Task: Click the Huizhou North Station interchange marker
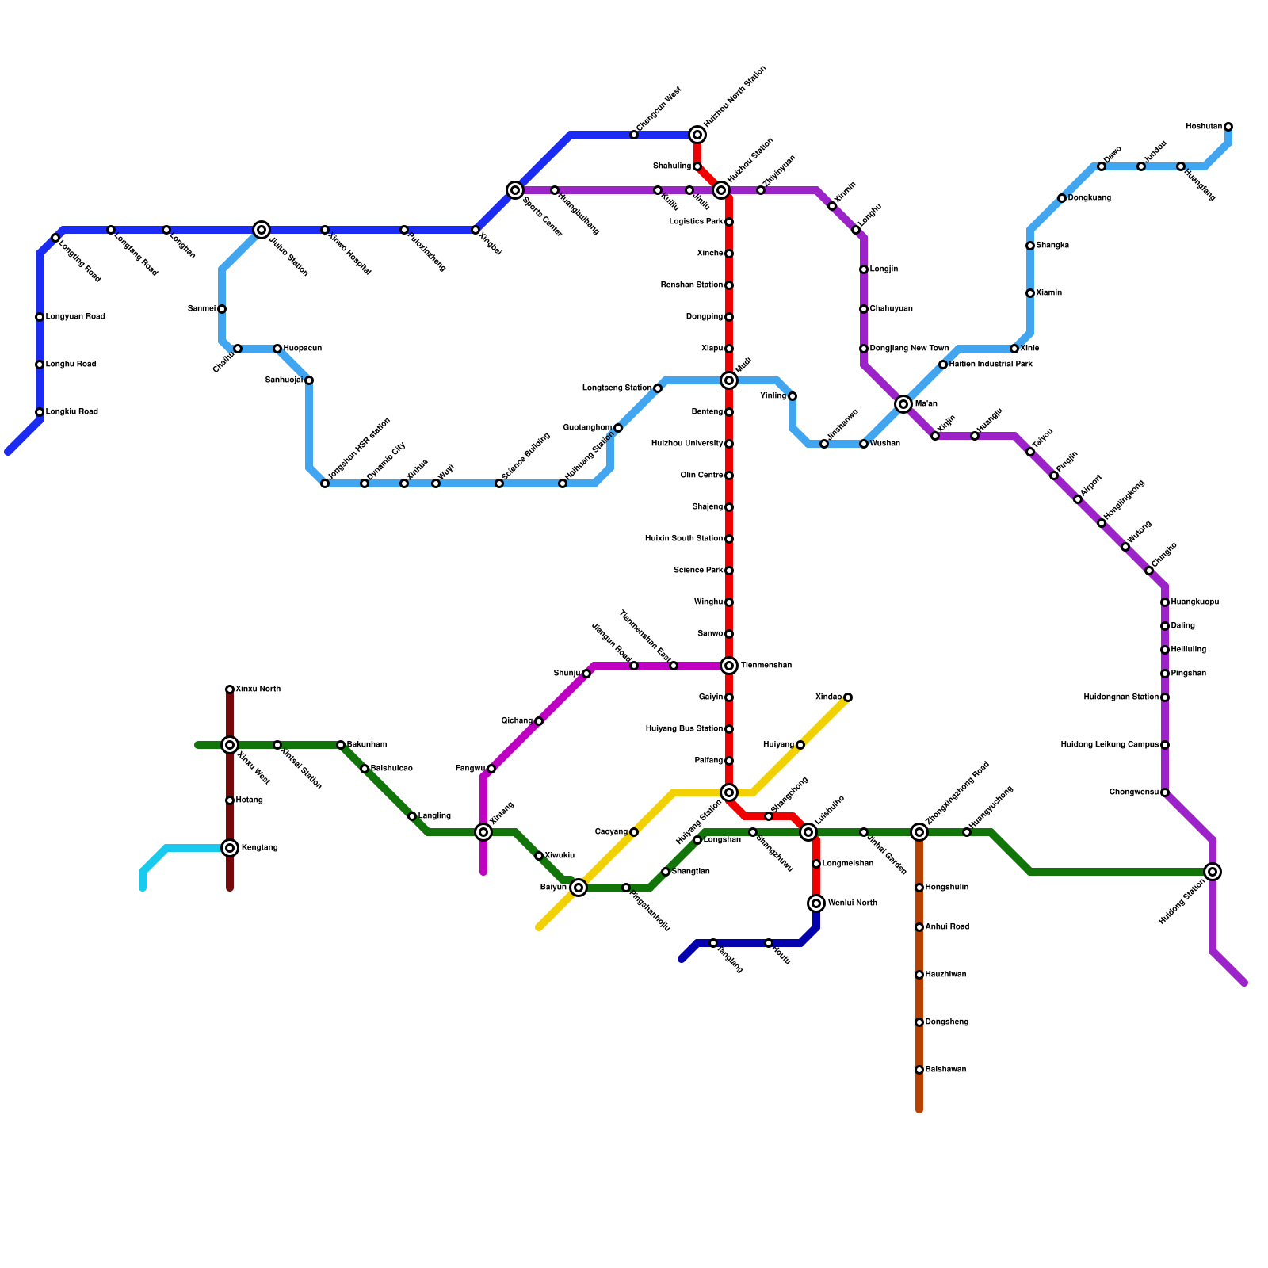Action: pyautogui.click(x=697, y=135)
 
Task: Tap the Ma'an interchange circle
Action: pyautogui.click(x=903, y=404)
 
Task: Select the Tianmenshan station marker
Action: pyautogui.click(x=729, y=666)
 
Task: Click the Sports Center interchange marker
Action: pyautogui.click(x=515, y=190)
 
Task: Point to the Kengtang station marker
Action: pyautogui.click(x=230, y=848)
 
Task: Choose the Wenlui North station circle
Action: pyautogui.click(x=816, y=903)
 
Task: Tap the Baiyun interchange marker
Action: pyautogui.click(x=579, y=888)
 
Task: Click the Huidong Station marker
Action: pyautogui.click(x=1213, y=872)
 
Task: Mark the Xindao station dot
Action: pyautogui.click(x=848, y=697)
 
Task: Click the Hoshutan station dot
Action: pyautogui.click(x=1228, y=127)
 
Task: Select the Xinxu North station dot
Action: pyautogui.click(x=230, y=689)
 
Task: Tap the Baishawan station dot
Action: pyautogui.click(x=919, y=1070)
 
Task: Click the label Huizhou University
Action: pyautogui.click(x=686, y=444)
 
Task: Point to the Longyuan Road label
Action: pyautogui.click(x=75, y=317)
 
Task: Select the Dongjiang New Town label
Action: pyautogui.click(x=909, y=349)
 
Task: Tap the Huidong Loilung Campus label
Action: pyautogui.click(x=1109, y=745)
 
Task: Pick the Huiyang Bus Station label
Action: pyautogui.click(x=684, y=729)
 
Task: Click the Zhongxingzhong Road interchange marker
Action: pyautogui.click(x=919, y=832)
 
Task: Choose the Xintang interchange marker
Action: pyautogui.click(x=483, y=832)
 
